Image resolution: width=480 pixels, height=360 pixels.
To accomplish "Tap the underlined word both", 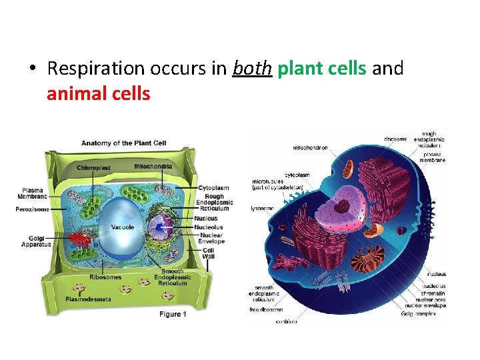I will coord(252,69).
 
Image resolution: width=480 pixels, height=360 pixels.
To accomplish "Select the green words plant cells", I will coord(322,69).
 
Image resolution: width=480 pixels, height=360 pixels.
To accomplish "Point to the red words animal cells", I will coord(99,93).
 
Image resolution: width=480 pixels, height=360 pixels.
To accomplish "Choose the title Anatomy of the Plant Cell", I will coord(124,143).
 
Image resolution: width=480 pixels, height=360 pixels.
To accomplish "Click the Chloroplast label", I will coord(94,167).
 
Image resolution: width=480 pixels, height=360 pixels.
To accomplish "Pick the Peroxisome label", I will coord(32,209).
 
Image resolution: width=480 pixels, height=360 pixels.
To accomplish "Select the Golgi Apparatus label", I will coord(35,241).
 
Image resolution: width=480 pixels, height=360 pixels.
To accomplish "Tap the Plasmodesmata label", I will coord(88,299).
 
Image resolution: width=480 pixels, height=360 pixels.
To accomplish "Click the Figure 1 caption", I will coord(172,314).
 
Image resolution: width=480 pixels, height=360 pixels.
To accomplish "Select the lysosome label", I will coord(263,208).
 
